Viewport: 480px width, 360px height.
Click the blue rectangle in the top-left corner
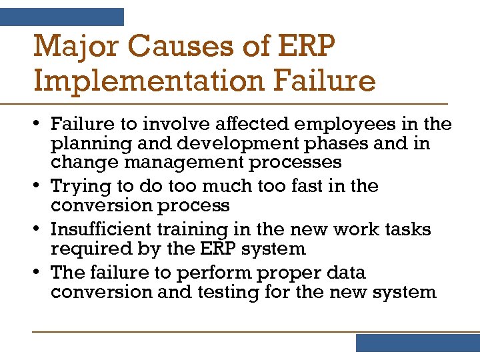click(x=62, y=17)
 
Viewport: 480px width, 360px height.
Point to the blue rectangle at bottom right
click(x=417, y=343)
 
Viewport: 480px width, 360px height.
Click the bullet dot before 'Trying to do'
click(x=41, y=186)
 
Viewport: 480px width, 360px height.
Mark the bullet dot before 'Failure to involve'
click(x=41, y=124)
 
